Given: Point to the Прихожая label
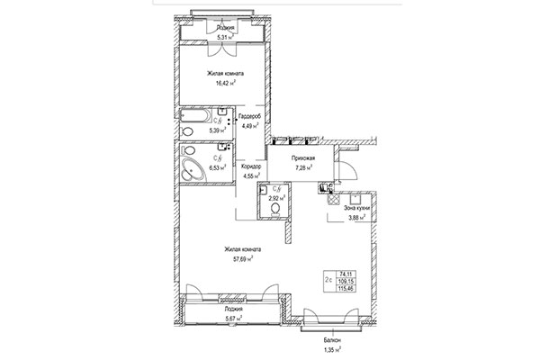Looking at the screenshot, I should (301, 157).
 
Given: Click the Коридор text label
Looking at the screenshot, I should (251, 166).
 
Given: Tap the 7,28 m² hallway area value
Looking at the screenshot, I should (301, 166).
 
